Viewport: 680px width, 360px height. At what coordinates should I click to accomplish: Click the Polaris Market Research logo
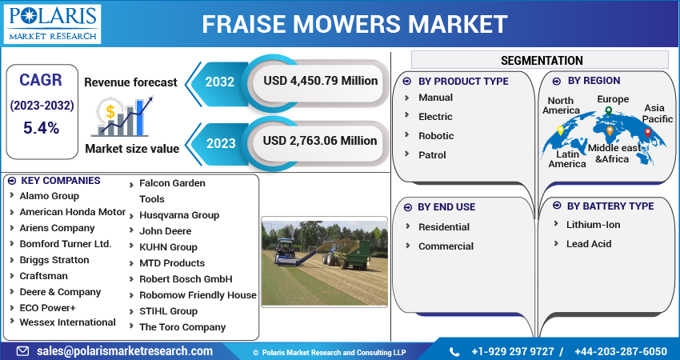[52, 24]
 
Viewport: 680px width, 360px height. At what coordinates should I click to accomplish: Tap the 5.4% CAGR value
[41, 128]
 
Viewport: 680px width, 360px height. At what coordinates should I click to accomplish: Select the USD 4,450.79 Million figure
[321, 81]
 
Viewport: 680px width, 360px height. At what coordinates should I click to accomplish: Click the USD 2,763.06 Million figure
[320, 141]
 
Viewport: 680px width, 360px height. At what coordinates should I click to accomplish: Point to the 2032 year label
[219, 82]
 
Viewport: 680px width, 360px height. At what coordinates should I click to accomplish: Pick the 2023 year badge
[221, 143]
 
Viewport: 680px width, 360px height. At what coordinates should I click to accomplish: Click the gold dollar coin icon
[110, 111]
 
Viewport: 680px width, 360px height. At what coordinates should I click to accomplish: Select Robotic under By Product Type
[436, 136]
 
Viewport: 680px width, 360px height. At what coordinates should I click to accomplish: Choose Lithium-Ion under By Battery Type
[593, 225]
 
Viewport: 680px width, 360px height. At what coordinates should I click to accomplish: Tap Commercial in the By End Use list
[446, 246]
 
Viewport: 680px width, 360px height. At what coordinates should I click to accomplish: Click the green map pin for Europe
[609, 111]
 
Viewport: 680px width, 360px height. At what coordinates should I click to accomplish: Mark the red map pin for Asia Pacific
[647, 133]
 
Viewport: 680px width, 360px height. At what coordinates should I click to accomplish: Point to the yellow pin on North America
[560, 130]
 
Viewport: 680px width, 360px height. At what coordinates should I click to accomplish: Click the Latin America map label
[567, 159]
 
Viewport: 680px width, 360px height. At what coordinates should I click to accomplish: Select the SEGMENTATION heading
[542, 60]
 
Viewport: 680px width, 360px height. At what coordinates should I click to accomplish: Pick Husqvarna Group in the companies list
[179, 215]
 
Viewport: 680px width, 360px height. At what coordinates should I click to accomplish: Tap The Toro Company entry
[182, 327]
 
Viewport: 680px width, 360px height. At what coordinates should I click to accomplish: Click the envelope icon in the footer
[22, 351]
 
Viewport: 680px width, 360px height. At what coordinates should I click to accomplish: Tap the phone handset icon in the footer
[454, 351]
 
